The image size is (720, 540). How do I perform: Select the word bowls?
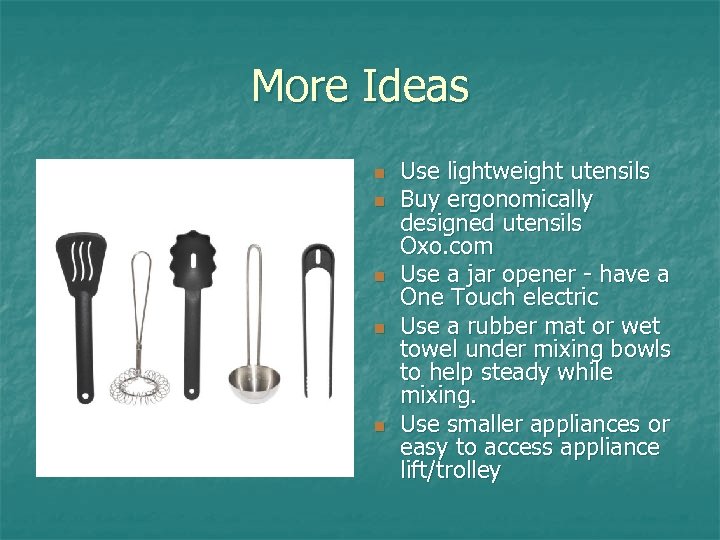[643, 349]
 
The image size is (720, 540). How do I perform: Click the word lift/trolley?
[450, 470]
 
